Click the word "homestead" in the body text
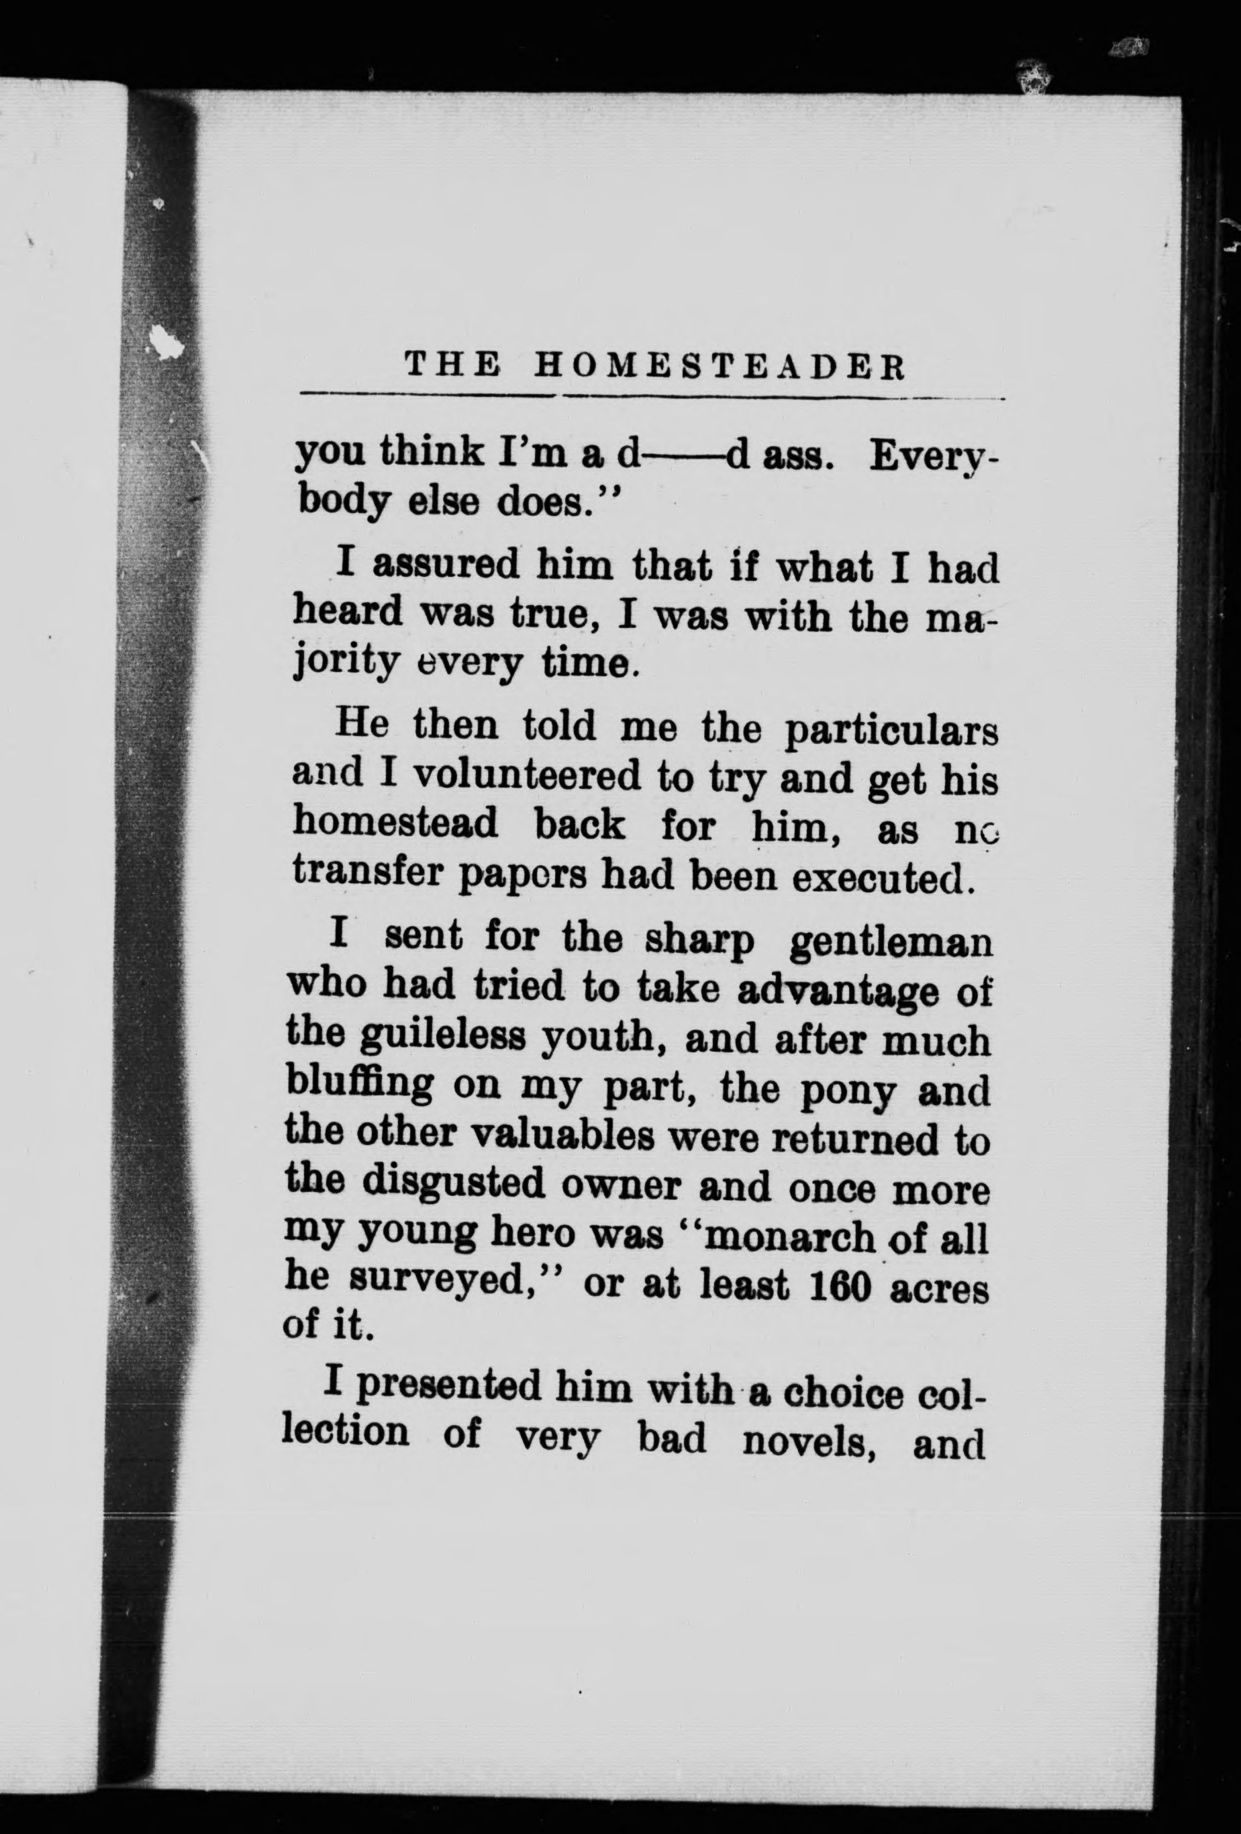(395, 825)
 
